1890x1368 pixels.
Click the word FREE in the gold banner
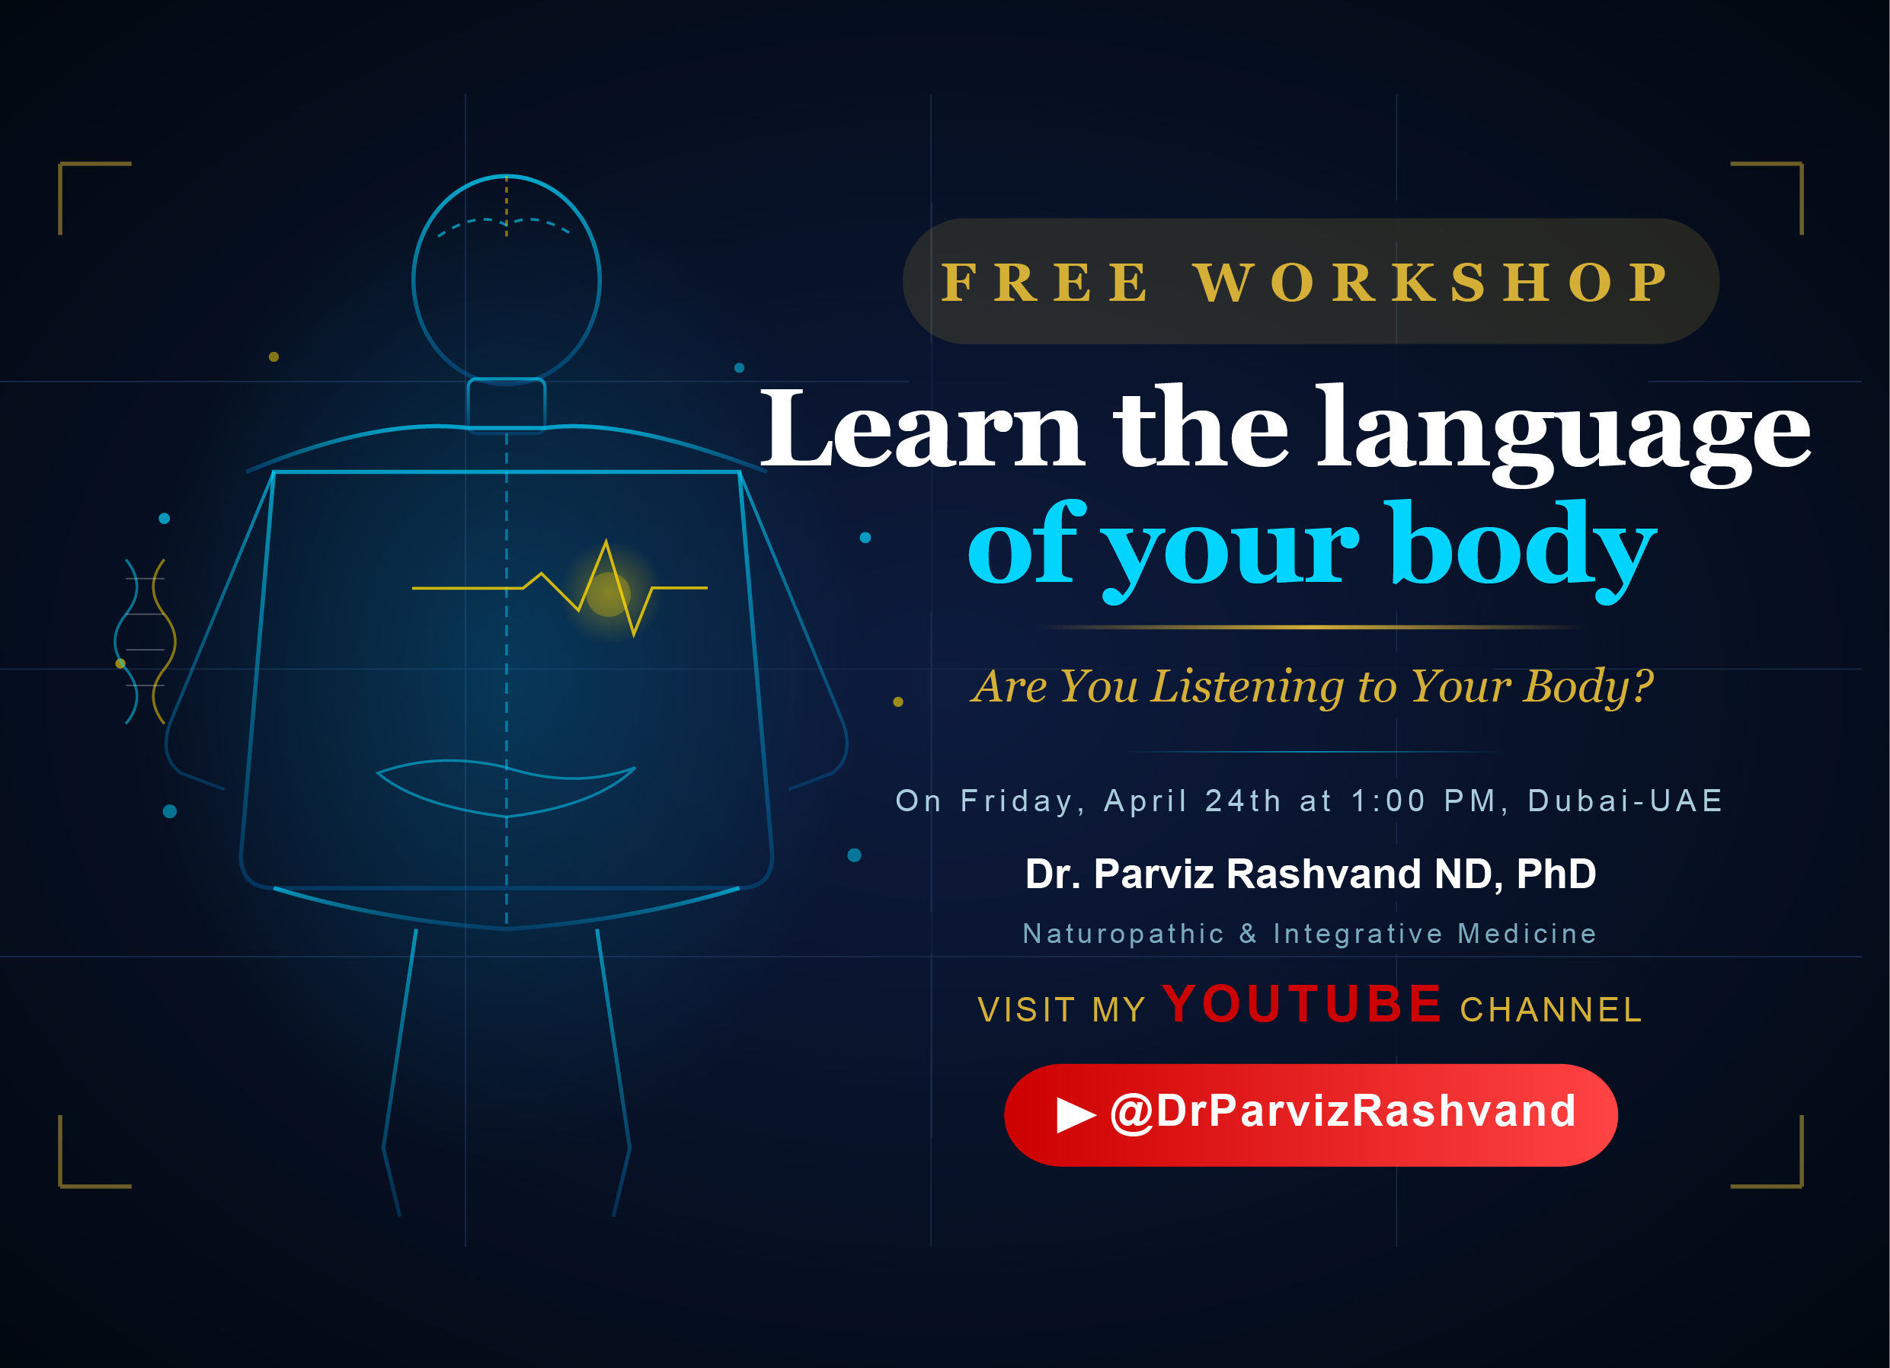tap(1045, 283)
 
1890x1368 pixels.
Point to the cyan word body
tap(1521, 550)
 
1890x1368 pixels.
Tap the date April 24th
tap(1192, 801)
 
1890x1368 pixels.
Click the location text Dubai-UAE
tap(1624, 801)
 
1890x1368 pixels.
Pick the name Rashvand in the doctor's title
tap(1323, 874)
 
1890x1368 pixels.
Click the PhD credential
tap(1556, 874)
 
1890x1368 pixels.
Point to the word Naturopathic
tap(1124, 934)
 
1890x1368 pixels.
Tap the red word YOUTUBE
tap(1302, 1003)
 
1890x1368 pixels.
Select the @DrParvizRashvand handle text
tap(1342, 1112)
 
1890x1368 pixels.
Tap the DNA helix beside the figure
tap(145, 641)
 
